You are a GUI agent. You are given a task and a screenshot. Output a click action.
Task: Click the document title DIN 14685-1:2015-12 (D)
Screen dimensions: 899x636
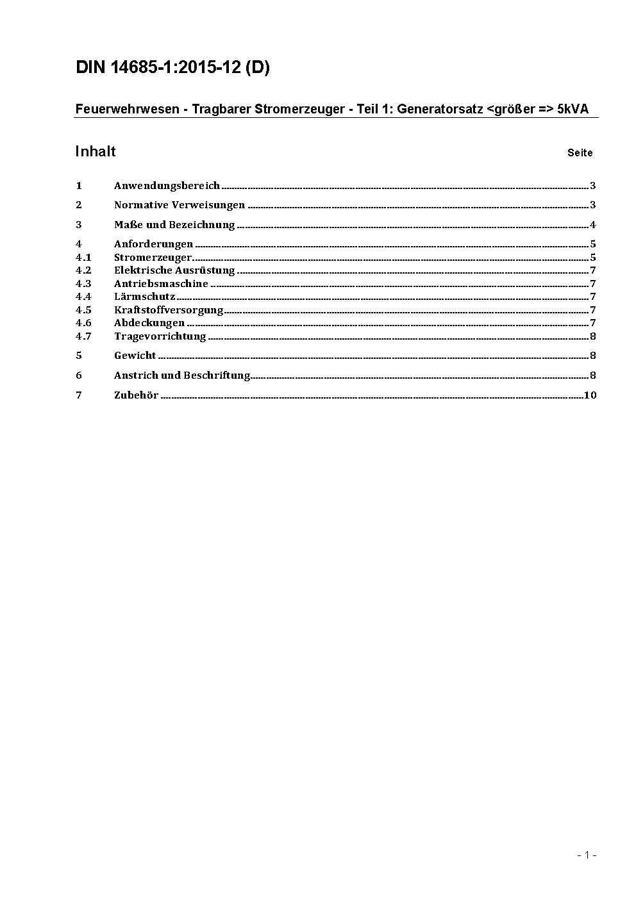coord(172,68)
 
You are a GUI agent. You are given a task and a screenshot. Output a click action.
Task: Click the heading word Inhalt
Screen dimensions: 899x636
coord(96,151)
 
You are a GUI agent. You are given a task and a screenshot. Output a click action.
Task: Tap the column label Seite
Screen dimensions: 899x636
coord(580,153)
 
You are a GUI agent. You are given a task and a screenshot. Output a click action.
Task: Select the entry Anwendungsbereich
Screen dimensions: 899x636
coord(167,186)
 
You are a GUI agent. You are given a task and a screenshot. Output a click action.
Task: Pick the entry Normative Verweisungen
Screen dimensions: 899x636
coord(180,205)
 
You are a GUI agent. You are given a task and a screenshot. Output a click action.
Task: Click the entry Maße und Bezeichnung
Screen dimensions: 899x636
coord(174,225)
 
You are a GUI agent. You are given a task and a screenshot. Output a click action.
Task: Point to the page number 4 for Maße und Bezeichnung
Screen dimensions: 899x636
coord(593,225)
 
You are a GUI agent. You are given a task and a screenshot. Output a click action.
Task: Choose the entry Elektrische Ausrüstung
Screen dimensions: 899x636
coord(174,270)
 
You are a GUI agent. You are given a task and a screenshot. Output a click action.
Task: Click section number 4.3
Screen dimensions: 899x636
coord(83,284)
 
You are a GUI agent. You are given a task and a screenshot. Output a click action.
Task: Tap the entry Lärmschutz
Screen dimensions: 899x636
coord(144,297)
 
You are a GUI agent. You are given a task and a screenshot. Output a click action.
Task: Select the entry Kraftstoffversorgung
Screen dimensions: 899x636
coord(169,310)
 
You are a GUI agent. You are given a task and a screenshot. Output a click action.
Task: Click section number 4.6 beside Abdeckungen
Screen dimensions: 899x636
coord(83,323)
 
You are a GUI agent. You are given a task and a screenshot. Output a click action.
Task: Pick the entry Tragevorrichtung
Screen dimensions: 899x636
coord(160,336)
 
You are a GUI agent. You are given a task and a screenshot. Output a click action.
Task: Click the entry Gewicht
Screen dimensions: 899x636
coord(135,356)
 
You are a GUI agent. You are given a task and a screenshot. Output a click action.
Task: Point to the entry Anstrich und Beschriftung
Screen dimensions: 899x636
coord(182,375)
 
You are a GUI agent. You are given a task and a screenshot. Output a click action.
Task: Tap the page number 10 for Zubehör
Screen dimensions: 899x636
coord(590,395)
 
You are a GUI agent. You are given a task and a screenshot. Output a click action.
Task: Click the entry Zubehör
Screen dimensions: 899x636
coord(136,395)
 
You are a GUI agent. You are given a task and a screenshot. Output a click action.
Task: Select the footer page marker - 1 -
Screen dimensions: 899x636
coord(587,855)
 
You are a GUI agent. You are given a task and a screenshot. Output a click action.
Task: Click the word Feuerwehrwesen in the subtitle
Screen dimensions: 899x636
coord(127,109)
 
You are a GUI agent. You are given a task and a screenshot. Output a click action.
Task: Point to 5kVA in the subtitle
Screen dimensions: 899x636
coord(573,109)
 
